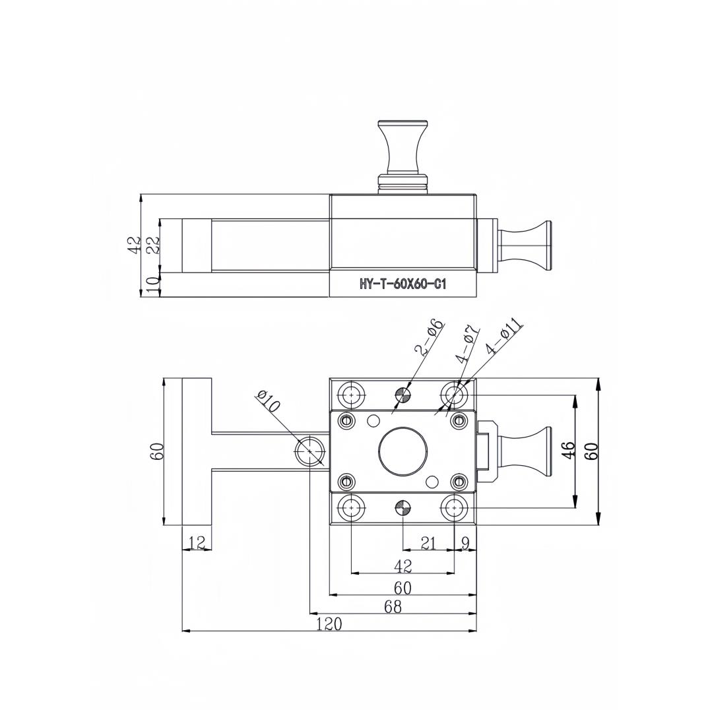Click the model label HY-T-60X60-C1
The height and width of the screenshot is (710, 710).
pyautogui.click(x=403, y=285)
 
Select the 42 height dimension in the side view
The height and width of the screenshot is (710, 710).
pyautogui.click(x=134, y=245)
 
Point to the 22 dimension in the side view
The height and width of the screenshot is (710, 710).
pyautogui.click(x=152, y=245)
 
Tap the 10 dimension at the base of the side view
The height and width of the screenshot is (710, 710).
pyautogui.click(x=152, y=285)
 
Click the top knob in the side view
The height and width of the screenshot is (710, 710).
pyautogui.click(x=403, y=148)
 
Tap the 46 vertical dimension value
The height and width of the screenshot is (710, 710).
pyautogui.click(x=567, y=451)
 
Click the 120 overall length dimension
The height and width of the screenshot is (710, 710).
pyautogui.click(x=329, y=624)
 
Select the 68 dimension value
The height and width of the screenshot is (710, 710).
pyautogui.click(x=393, y=606)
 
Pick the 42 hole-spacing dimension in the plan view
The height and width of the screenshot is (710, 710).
pyautogui.click(x=403, y=565)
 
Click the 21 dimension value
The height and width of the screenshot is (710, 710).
pyautogui.click(x=429, y=543)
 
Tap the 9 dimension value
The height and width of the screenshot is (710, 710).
pyautogui.click(x=465, y=543)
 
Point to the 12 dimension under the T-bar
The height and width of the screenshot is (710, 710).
pyautogui.click(x=197, y=542)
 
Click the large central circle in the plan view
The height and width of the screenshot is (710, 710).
pyautogui.click(x=403, y=451)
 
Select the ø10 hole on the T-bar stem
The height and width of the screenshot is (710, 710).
pyautogui.click(x=309, y=451)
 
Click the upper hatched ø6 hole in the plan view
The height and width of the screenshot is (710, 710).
pyautogui.click(x=403, y=395)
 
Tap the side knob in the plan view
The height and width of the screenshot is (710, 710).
pyautogui.click(x=525, y=451)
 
